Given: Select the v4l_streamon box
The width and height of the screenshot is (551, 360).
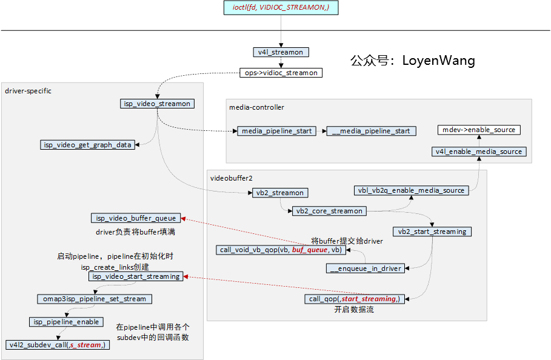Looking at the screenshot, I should tap(280, 52).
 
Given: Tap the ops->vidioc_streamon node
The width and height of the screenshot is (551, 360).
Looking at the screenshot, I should tap(281, 73).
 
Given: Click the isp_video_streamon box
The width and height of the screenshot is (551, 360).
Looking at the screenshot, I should tap(157, 104).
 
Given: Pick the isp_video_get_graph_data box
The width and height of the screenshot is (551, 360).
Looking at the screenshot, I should tap(87, 145).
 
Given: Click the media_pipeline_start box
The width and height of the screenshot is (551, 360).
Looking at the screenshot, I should tap(276, 131).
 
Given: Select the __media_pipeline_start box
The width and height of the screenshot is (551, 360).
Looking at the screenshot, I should tap(370, 131).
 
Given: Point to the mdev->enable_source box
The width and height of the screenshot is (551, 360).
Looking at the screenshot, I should tap(479, 130).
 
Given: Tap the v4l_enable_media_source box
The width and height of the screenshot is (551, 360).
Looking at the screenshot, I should tap(479, 152).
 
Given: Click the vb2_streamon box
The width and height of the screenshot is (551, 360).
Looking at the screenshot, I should tap(279, 193).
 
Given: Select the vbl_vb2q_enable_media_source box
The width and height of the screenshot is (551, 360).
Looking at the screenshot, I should tap(412, 190).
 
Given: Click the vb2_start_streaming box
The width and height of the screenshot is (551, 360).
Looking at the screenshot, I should tap(432, 232).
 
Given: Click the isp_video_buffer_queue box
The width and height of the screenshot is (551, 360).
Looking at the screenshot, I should tap(136, 218).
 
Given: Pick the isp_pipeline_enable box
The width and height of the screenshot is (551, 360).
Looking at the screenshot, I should tap(66, 322).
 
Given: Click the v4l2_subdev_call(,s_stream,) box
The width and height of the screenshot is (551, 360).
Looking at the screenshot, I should tap(58, 345).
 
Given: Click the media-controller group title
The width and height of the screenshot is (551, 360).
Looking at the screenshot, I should tap(256, 107).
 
